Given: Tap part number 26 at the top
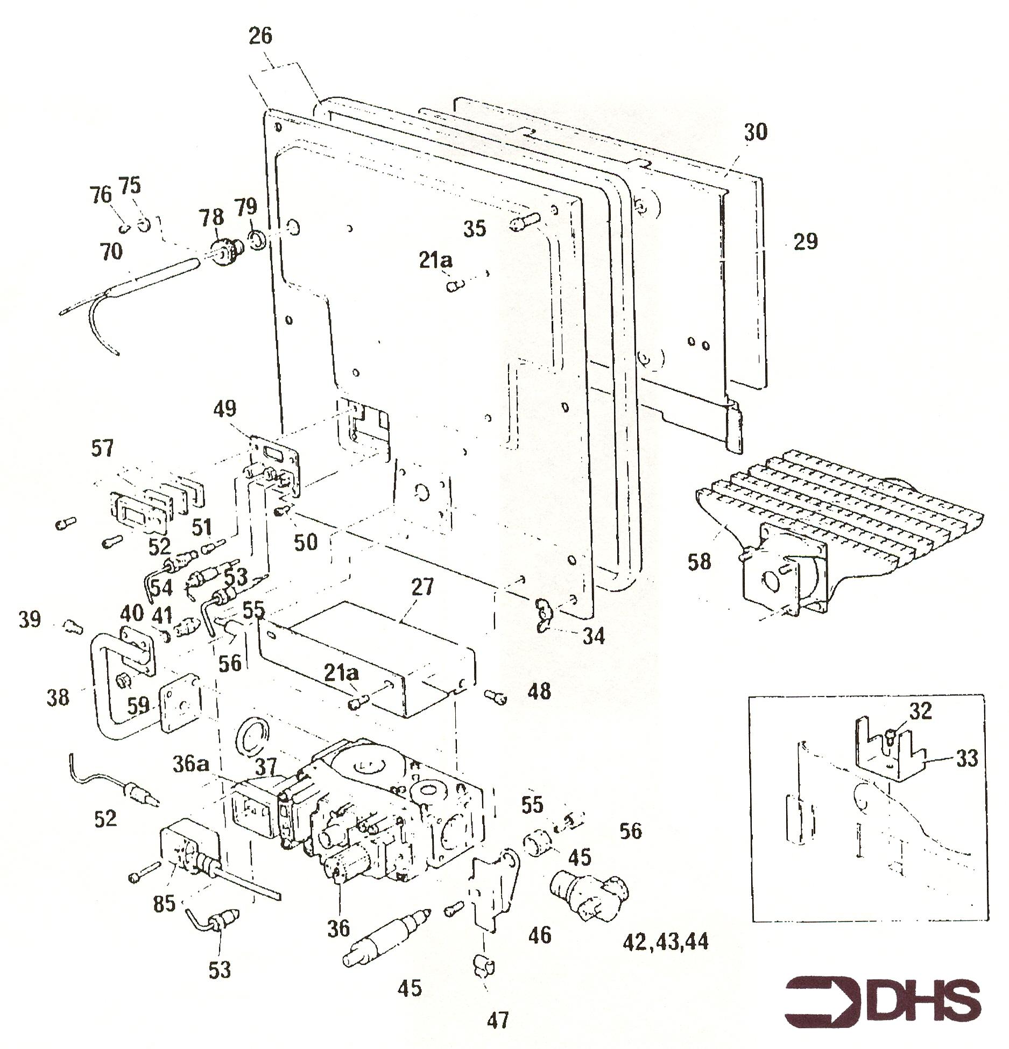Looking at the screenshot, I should coord(260,36).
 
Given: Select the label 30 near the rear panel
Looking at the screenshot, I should coord(755,132).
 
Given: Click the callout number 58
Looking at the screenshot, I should coord(699,562).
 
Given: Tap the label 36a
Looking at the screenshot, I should coord(190,764).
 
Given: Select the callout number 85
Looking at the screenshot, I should coord(164,903).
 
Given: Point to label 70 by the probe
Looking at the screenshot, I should coord(111,251).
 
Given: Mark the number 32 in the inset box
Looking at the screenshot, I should coord(920,711).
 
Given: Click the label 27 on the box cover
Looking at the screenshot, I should coord(422,587).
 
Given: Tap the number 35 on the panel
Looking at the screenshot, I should coord(475,229).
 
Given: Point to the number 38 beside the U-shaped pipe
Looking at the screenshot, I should coord(58,698).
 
